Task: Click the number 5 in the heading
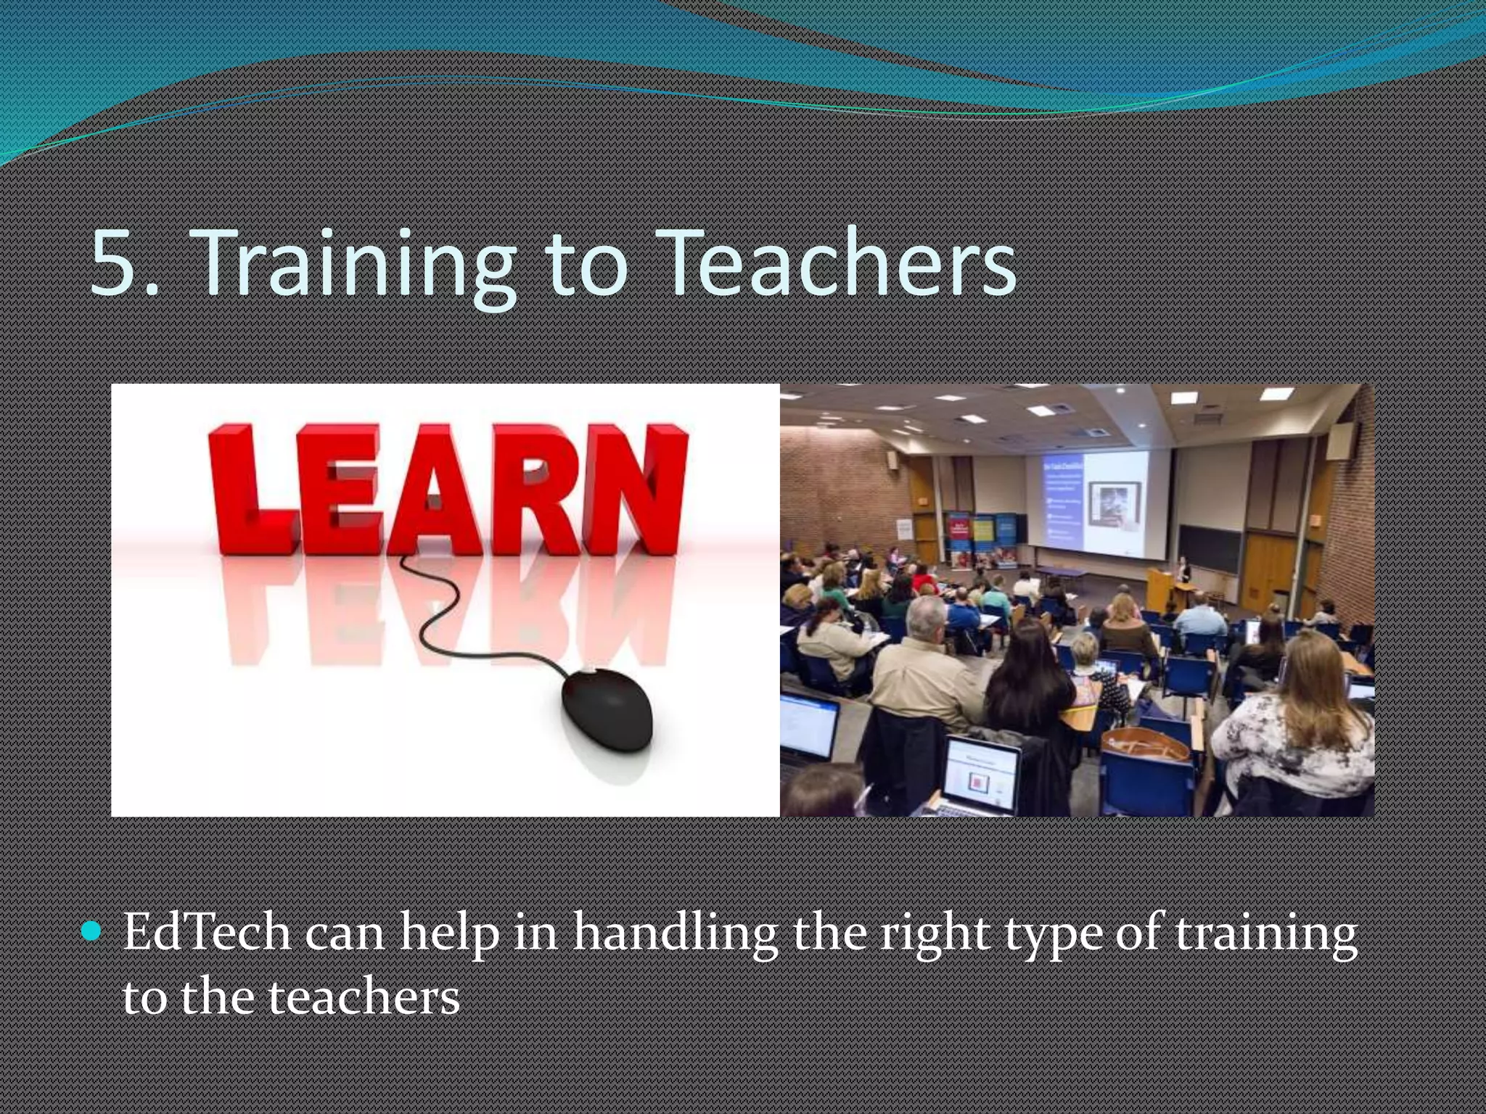tap(116, 263)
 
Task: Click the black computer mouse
tap(608, 709)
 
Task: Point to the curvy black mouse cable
tap(435, 616)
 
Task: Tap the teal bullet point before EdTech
tap(92, 931)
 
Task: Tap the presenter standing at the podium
tap(1184, 573)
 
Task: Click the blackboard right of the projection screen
tap(1210, 549)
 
